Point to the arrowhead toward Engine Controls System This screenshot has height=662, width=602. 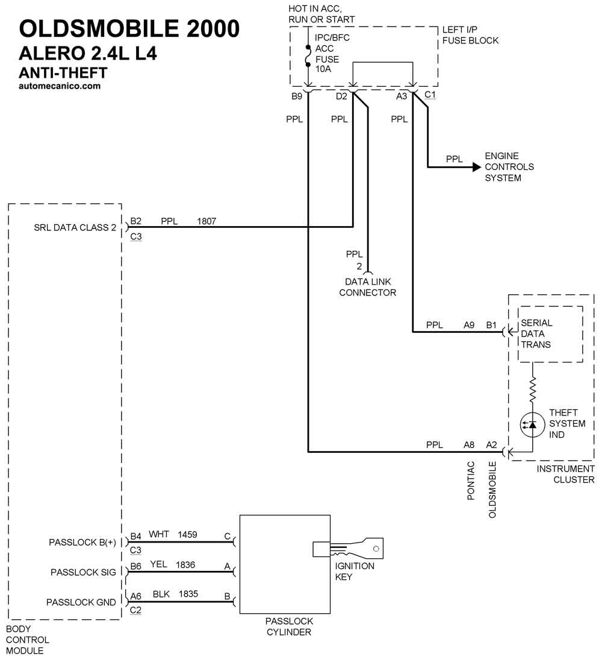coord(477,166)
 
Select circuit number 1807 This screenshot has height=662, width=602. coord(206,221)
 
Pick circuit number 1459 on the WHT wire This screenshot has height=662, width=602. coord(187,534)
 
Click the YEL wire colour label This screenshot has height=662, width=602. coord(158,564)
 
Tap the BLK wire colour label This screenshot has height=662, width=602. coord(161,594)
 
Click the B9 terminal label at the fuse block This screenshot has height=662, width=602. coord(296,96)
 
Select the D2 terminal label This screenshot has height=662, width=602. coord(341,96)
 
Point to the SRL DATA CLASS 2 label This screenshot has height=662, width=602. coord(75,228)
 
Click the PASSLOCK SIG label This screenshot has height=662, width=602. coord(83,572)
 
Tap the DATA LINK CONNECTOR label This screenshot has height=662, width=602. coord(368,287)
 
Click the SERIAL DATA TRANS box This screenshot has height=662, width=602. coord(550,334)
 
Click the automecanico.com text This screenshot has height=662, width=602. coord(60,86)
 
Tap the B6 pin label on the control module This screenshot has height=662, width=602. coord(136,566)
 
